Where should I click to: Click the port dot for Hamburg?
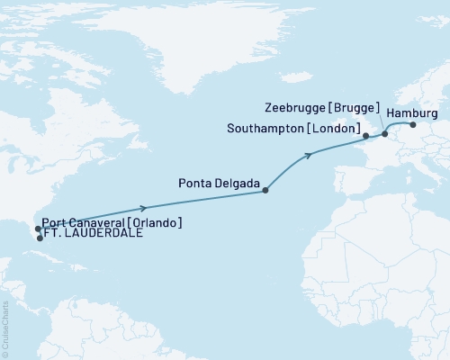[413, 125]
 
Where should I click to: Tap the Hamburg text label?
[416, 113]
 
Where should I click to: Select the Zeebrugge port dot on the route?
[385, 134]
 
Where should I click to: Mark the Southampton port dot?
[365, 137]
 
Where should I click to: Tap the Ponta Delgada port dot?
[265, 190]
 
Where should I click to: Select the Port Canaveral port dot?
[38, 229]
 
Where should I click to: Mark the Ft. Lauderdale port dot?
[40, 238]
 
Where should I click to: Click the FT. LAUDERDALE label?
[93, 238]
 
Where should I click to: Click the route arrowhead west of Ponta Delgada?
[144, 207]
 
